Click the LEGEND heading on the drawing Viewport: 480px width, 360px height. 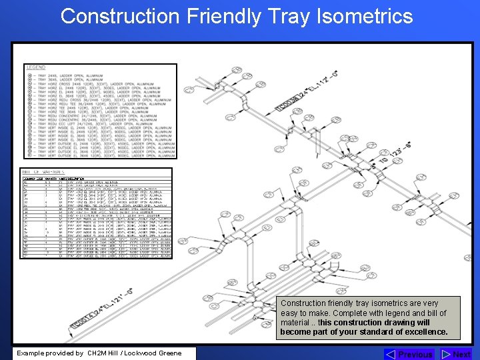[x=36, y=67]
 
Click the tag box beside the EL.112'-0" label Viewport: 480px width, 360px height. [x=288, y=102]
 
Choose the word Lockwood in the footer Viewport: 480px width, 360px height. [x=139, y=353]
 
